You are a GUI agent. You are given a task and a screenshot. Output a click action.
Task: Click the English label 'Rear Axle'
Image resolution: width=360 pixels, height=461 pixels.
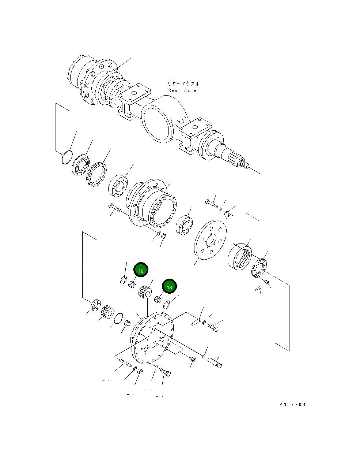(182, 90)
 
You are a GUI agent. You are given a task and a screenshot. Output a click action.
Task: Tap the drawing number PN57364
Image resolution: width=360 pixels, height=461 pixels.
(292, 405)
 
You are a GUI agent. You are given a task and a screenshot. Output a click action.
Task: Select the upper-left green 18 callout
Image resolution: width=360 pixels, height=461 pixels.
(141, 270)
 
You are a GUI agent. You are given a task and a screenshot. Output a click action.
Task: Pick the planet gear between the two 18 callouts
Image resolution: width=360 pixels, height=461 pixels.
(145, 292)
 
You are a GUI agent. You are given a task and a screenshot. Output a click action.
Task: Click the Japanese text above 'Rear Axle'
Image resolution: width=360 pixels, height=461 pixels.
(183, 84)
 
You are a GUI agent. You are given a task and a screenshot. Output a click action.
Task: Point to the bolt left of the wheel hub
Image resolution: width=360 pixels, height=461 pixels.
(114, 208)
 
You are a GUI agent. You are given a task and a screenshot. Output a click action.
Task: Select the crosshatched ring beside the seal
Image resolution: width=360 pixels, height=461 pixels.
(96, 176)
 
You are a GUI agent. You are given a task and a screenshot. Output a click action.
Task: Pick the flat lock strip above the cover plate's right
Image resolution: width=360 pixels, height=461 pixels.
(196, 323)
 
